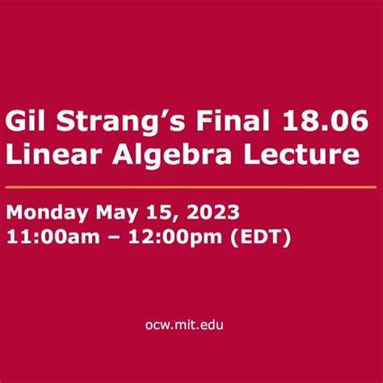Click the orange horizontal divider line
[191, 186]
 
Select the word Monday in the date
[45, 213]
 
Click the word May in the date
[116, 214]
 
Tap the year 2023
[204, 213]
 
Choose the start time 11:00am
[53, 238]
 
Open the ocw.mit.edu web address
[191, 325]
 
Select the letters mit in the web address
[192, 325]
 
